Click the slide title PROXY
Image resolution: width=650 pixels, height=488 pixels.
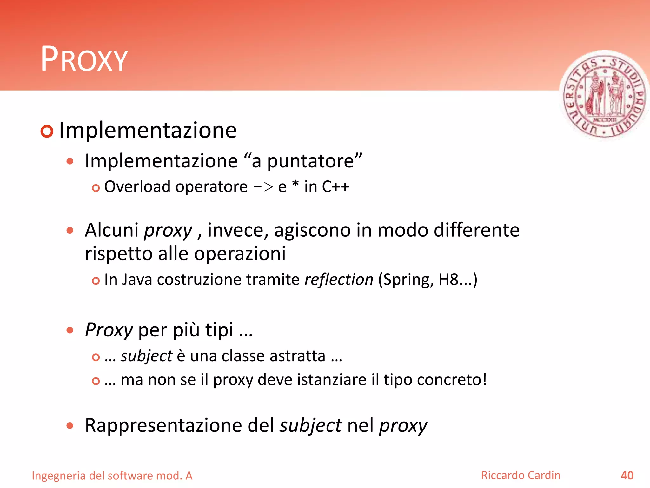coord(84,59)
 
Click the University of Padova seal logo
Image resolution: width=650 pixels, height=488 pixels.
coord(604,95)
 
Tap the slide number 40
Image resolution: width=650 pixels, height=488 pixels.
coord(627,475)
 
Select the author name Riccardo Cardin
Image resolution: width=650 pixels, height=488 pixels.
coord(521,475)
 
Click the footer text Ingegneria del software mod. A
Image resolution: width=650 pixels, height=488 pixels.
coord(112,476)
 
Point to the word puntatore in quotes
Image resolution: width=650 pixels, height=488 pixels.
coord(310,161)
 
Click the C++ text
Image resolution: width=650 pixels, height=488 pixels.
coord(335,186)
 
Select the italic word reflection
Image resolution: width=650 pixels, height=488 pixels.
coord(339,280)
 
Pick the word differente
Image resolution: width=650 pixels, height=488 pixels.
coord(476,230)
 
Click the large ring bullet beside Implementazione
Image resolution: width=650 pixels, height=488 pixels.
coord(47,131)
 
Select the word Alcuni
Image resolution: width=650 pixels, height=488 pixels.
coord(112,230)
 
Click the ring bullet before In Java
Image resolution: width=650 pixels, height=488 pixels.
coord(96,281)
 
